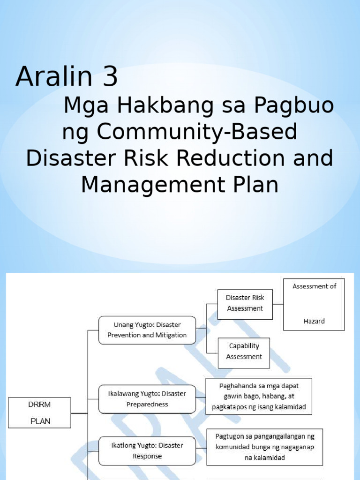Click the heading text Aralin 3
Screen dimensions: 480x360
[67, 77]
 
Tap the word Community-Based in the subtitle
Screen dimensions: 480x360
[197, 132]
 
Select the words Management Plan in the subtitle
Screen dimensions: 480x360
[180, 185]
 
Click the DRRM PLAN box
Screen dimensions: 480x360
[40, 412]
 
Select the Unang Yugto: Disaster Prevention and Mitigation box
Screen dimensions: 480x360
[147, 330]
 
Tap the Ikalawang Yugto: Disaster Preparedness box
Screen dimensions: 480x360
[147, 399]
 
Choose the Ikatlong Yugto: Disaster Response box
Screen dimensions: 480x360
[147, 450]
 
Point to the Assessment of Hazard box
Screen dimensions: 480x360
[314, 304]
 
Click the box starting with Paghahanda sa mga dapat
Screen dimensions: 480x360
[259, 396]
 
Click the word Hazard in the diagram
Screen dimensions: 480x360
[314, 322]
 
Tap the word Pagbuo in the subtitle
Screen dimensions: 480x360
[294, 106]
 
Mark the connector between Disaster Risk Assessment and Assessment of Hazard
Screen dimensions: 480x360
[278, 304]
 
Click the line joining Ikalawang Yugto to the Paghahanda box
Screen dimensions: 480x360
[201, 397]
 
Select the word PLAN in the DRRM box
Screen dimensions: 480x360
[40, 421]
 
